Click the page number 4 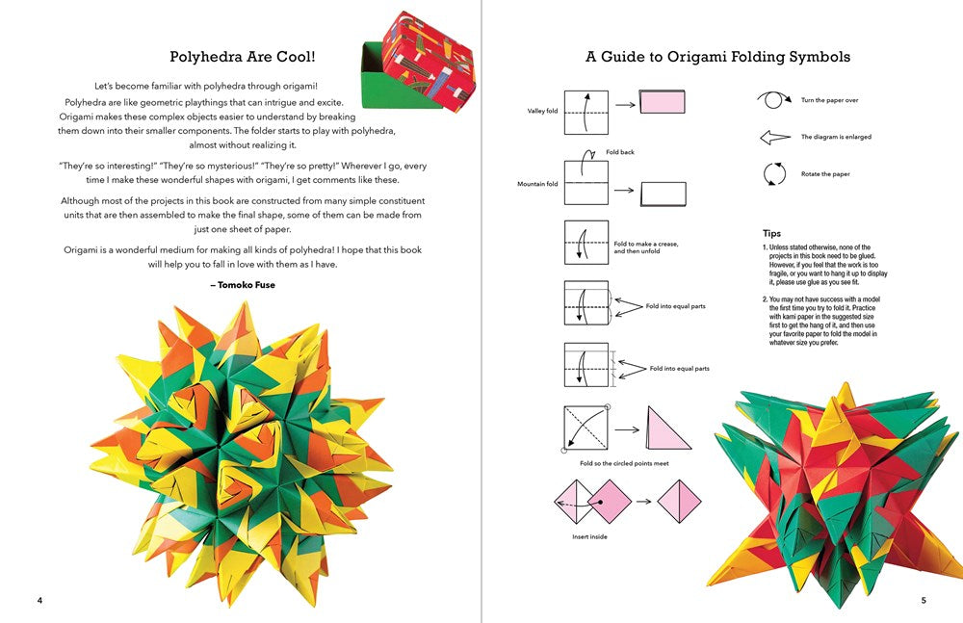coord(39,601)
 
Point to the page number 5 coord(924,601)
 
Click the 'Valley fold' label coord(542,111)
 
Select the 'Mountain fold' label coord(538,184)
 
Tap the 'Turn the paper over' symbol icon coord(772,99)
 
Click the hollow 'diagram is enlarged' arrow coord(774,138)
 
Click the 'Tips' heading coord(771,233)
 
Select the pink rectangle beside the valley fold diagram coord(662,101)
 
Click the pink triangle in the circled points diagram coord(669,429)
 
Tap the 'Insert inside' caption coord(589,536)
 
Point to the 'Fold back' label coord(620,152)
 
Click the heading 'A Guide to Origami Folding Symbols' coord(717,57)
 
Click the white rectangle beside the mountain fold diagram coord(663,194)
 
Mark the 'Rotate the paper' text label coord(825,174)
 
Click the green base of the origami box coord(380,94)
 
